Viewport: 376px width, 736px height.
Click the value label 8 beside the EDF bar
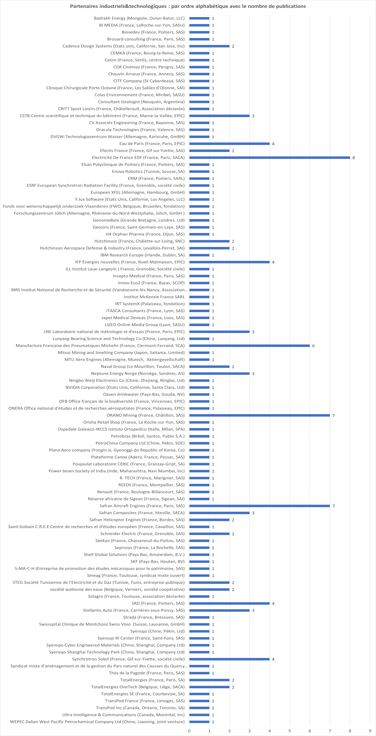pyautogui.click(x=353, y=158)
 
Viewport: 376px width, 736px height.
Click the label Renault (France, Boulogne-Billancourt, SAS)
pyautogui.click(x=141, y=492)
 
